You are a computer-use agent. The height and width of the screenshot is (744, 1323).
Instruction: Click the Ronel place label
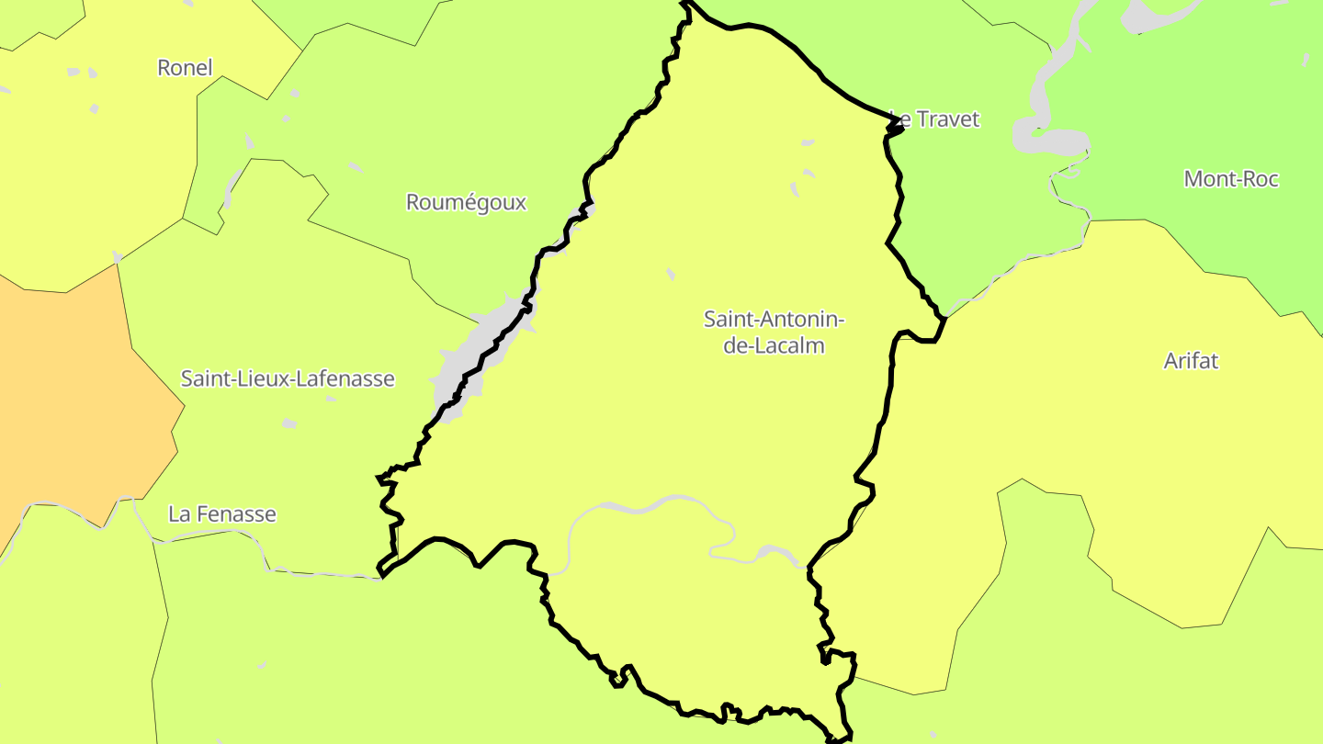pyautogui.click(x=185, y=67)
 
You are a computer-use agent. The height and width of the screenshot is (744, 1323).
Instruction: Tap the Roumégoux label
pyautogui.click(x=466, y=202)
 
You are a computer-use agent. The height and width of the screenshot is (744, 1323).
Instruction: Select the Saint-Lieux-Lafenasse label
pyautogui.click(x=288, y=378)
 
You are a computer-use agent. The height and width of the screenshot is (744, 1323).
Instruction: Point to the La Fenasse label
pyautogui.click(x=221, y=514)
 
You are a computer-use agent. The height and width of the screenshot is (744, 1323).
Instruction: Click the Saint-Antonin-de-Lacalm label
pyautogui.click(x=774, y=333)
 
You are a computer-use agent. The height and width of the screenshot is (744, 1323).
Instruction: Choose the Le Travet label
pyautogui.click(x=935, y=119)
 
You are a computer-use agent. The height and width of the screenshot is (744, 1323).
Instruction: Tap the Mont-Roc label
pyautogui.click(x=1231, y=179)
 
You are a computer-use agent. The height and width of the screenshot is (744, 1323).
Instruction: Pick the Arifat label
pyautogui.click(x=1191, y=361)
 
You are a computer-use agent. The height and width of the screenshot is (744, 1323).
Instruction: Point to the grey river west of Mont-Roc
pyautogui.click(x=1047, y=138)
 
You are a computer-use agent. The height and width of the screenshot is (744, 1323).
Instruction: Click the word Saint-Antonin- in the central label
pyautogui.click(x=774, y=320)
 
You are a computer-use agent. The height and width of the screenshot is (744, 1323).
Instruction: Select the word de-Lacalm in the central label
pyautogui.click(x=774, y=346)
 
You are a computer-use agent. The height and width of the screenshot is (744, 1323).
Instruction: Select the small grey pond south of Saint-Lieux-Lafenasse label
pyautogui.click(x=289, y=423)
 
